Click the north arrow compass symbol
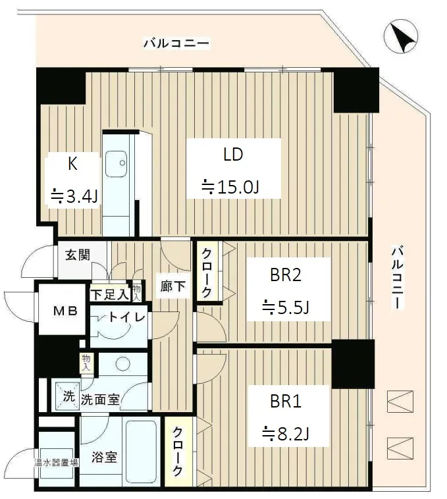click(x=400, y=36)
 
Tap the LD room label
click(x=233, y=154)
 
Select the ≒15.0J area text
click(x=230, y=187)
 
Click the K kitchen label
click(x=72, y=164)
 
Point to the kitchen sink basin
click(x=116, y=163)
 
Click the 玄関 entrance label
click(x=78, y=255)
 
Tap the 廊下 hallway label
click(x=172, y=286)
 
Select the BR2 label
click(x=285, y=275)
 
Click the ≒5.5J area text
click(x=285, y=307)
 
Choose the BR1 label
click(x=285, y=402)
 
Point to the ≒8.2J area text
click(x=285, y=433)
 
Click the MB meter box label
click(x=65, y=310)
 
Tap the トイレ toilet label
click(x=126, y=317)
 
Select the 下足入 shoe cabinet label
click(x=110, y=294)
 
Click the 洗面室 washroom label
click(x=100, y=400)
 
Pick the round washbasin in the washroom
click(x=122, y=363)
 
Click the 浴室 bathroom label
click(x=105, y=458)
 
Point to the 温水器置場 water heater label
click(x=56, y=462)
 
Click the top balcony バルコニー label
click(x=177, y=43)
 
